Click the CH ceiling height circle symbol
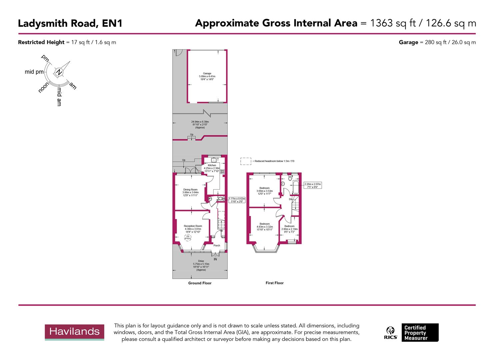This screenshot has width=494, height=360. coord(188,237)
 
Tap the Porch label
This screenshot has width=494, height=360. coord(217,246)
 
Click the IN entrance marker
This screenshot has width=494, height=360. coord(215,259)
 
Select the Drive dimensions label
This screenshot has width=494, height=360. coord(201,265)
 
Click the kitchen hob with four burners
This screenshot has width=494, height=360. coord(222,171)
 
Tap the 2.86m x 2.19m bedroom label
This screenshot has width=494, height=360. coord(289,228)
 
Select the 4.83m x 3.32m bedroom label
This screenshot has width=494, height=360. coord(265,225)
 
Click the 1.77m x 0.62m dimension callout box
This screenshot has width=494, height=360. coord(237,200)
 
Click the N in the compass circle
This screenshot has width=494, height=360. coord(59,72)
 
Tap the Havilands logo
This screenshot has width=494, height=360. coord(74,332)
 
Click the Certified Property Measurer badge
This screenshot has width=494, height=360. coord(420,333)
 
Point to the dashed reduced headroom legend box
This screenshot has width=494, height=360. coord(246,161)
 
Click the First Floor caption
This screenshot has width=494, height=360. coord(274,283)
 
